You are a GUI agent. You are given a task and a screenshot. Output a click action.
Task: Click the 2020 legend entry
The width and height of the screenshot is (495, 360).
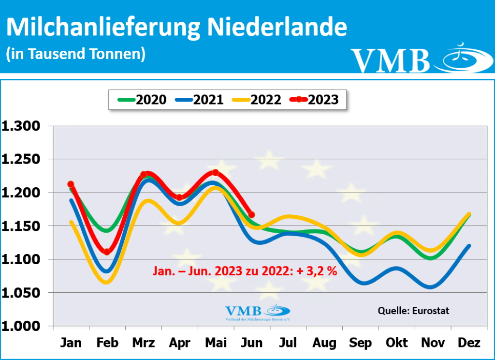tap(142, 100)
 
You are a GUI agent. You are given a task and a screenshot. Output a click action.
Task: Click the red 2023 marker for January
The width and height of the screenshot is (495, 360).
tap(71, 184)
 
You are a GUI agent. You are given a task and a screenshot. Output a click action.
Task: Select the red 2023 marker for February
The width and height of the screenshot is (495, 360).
tap(107, 252)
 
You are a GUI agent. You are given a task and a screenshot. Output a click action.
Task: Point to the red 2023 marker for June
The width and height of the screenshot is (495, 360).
tap(251, 214)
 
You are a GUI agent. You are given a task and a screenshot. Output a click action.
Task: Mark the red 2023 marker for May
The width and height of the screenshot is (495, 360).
tap(215, 173)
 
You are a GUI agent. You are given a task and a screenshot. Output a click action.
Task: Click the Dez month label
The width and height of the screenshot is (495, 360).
tap(468, 343)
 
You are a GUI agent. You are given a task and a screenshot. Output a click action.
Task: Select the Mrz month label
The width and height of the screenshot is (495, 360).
tap(143, 343)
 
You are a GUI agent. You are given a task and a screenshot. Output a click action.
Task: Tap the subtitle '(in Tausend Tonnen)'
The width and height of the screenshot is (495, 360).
tap(75, 54)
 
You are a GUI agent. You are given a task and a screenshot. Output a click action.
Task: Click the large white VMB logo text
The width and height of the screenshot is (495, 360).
tap(391, 60)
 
